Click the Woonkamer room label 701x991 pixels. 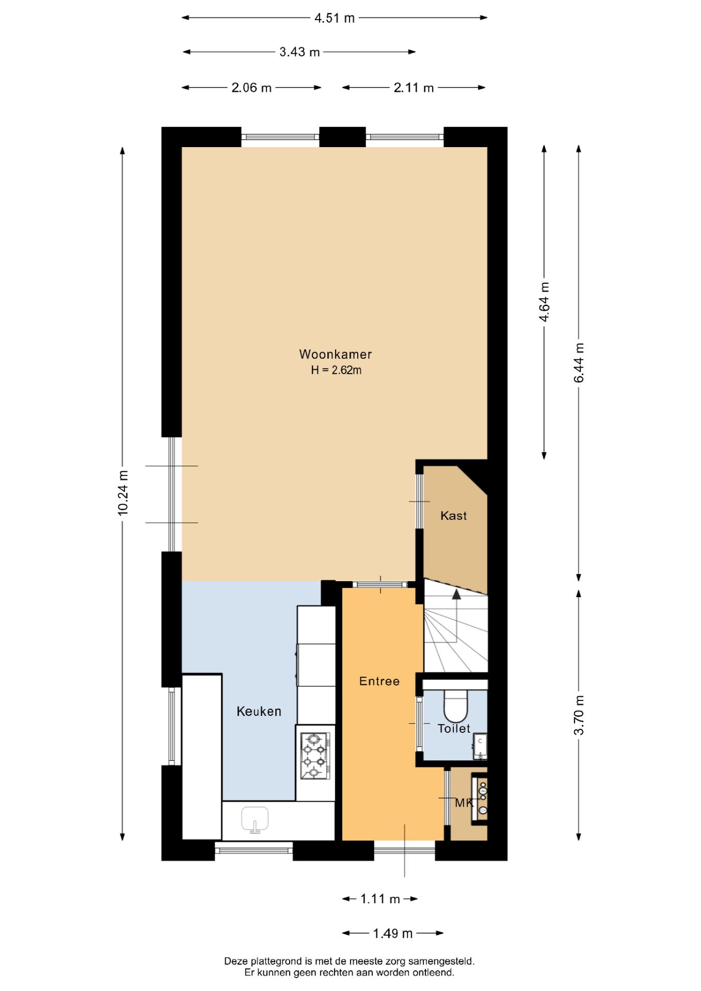(336, 354)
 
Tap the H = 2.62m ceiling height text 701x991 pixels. (336, 370)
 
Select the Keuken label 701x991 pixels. (259, 711)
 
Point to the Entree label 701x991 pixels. (379, 681)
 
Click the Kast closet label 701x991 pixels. (454, 516)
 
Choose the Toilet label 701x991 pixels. (454, 729)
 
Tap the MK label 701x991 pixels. (464, 803)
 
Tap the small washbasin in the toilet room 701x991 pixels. (481, 745)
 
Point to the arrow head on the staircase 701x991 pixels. (456, 594)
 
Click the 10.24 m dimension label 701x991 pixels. (123, 493)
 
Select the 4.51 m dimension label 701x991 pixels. (334, 18)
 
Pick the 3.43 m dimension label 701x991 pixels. (299, 52)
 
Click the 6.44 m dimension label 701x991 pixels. (579, 363)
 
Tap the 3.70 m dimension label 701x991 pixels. (579, 715)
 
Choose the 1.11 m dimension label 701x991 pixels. (380, 899)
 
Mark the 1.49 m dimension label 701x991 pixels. (393, 933)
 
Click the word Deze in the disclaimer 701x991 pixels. (236, 961)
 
